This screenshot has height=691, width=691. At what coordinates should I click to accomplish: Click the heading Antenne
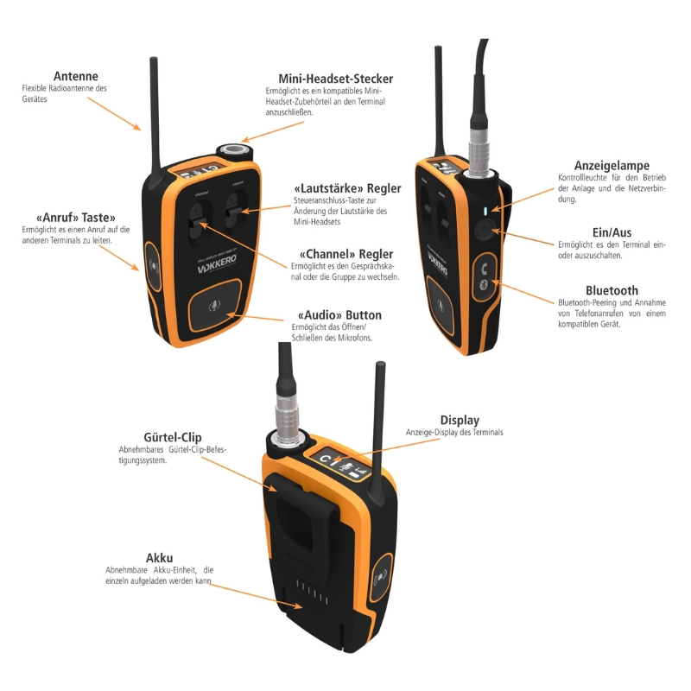tap(75, 76)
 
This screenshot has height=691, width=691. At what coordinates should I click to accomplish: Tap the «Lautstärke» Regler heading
tap(347, 188)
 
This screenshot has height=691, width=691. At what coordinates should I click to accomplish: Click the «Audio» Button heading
tap(339, 315)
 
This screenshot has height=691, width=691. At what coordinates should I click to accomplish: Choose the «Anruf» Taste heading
tap(75, 218)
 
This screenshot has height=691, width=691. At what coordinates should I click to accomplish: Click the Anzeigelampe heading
tap(612, 166)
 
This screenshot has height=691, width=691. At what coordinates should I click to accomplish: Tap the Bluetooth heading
tap(612, 291)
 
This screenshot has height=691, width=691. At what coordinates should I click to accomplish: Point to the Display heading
tap(460, 421)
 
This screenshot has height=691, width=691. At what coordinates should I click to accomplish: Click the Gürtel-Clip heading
tap(149, 439)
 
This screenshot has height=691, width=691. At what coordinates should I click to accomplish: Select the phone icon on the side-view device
tap(485, 267)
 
